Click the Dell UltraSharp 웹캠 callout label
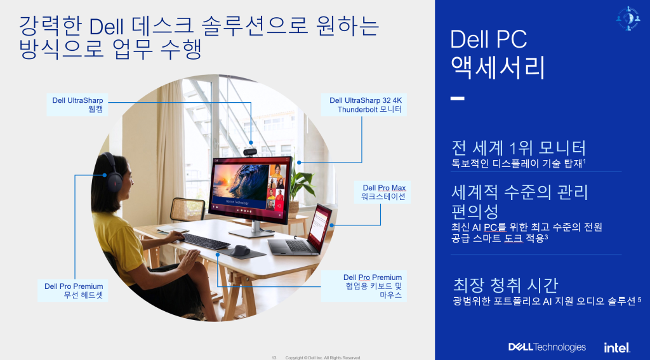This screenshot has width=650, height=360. pyautogui.click(x=78, y=105)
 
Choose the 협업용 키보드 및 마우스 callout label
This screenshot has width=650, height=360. pyautogui.click(x=373, y=286)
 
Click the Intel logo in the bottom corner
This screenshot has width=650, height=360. pyautogui.click(x=616, y=347)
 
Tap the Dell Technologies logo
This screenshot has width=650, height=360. pyautogui.click(x=547, y=347)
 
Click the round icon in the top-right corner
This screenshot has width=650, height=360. pyautogui.click(x=628, y=18)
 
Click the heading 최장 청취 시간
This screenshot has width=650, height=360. pyautogui.click(x=505, y=284)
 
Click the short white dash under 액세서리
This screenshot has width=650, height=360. pyautogui.click(x=457, y=99)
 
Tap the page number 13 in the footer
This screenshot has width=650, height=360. pyautogui.click(x=274, y=357)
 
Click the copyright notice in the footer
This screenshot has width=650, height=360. pyautogui.click(x=323, y=357)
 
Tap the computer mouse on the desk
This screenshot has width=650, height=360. pyautogui.click(x=241, y=250)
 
